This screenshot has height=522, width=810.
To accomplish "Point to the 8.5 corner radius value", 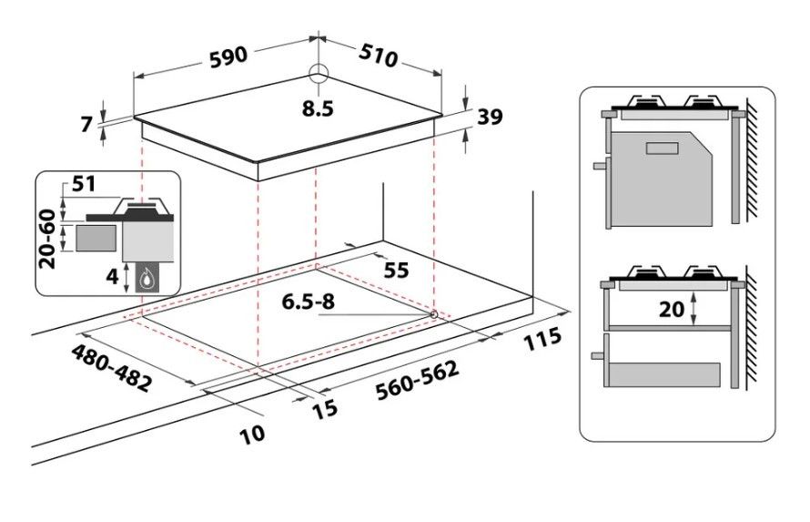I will (x=319, y=108).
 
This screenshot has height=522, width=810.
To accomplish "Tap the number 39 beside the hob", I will (x=490, y=118).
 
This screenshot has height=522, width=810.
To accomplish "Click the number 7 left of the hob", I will (x=87, y=124).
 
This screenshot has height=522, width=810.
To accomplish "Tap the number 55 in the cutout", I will (x=397, y=271).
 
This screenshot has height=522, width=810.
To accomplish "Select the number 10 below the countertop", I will (x=253, y=433).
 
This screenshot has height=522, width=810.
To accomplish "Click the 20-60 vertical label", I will (x=47, y=239).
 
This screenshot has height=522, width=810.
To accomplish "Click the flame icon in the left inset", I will (x=145, y=277).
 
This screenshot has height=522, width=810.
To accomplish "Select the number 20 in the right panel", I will (x=672, y=309).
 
